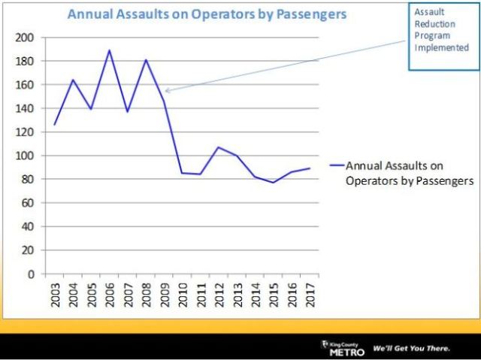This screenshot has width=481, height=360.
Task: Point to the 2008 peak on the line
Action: tap(146, 60)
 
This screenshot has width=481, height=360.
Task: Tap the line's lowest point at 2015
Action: tap(273, 183)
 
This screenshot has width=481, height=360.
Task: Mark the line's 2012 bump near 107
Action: tap(218, 147)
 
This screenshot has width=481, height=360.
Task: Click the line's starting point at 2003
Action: tap(54, 125)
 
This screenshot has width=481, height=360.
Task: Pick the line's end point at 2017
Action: tap(310, 168)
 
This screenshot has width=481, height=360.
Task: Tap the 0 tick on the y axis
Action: tap(31, 274)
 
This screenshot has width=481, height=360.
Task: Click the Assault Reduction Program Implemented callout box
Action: tap(443, 35)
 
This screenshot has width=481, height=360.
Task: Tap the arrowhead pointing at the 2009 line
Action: tap(168, 91)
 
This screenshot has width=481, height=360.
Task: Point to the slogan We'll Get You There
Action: tap(412, 349)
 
